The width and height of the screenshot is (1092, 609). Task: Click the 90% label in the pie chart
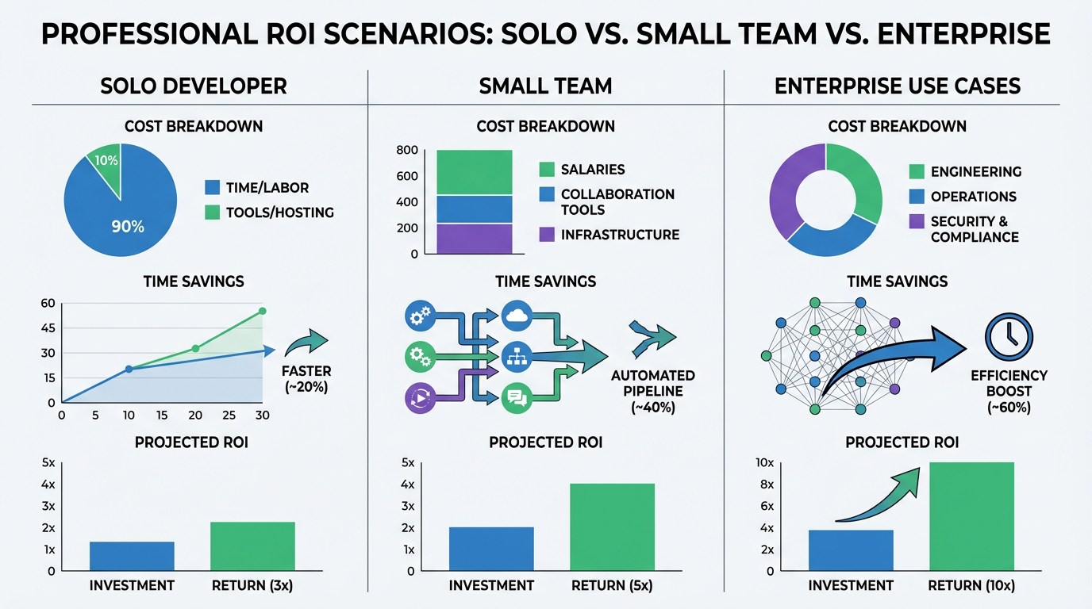127,227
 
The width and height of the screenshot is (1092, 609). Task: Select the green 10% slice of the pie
105,164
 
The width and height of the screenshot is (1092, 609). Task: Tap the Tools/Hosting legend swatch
212,213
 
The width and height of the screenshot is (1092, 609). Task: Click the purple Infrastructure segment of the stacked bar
475,239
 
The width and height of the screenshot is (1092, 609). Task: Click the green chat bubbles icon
516,397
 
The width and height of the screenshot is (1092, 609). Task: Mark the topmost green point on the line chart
263,312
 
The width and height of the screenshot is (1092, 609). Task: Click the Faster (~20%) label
306,379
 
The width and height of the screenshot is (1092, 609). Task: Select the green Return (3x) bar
252,546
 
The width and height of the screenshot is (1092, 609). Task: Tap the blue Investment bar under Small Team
491,549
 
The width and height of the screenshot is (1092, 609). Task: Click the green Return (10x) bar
971,516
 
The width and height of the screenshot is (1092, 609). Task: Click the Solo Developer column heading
194,86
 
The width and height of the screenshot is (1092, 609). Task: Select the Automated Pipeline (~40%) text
652,391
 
